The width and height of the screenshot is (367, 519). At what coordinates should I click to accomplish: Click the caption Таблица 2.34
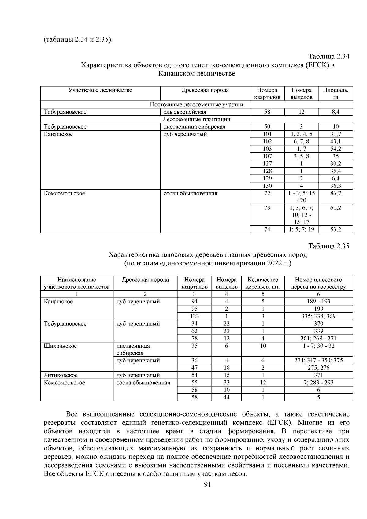tap(328, 57)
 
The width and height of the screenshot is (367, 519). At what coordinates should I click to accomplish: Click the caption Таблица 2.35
tap(328, 246)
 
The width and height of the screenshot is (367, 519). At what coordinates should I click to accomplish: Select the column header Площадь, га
tap(335, 94)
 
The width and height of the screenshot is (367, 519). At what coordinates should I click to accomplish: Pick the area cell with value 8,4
tap(335, 112)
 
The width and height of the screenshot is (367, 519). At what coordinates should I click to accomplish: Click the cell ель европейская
tap(185, 112)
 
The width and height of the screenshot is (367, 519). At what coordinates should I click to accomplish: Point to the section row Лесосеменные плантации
tap(196, 119)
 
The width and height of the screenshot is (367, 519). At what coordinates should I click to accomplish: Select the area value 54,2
tap(335, 149)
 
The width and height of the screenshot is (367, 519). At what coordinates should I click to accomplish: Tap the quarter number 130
tap(267, 186)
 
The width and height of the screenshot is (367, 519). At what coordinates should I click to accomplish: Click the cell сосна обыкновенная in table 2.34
tap(190, 193)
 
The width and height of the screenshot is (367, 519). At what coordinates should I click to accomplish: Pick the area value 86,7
tap(335, 193)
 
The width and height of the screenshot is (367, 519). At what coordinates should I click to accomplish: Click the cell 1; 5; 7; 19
tap(301, 229)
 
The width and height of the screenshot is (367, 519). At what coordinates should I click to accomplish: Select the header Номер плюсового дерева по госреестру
tap(318, 283)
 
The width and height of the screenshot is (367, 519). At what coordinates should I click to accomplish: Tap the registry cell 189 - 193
tap(318, 302)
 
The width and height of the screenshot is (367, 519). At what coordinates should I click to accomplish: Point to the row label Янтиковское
tap(61, 375)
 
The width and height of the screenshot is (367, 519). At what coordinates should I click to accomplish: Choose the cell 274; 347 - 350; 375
tap(318, 361)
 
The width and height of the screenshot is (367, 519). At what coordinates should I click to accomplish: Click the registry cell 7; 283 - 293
tap(318, 383)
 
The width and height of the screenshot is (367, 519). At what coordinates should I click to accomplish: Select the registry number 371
tap(318, 375)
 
